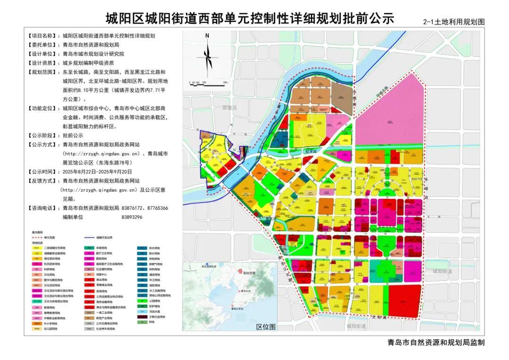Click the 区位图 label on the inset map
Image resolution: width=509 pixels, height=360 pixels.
[266, 327]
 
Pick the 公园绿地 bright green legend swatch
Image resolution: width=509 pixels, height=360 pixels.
[141, 300]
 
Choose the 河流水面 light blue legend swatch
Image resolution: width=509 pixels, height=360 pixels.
[141, 311]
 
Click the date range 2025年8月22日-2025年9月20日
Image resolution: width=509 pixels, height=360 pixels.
[97, 172]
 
